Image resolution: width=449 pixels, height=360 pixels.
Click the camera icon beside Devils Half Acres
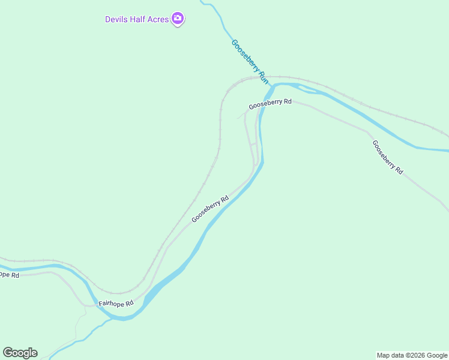coord(177,19)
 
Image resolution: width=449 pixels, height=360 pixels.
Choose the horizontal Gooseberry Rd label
coord(270,103)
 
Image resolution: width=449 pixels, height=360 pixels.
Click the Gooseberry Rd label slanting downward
coord(387,157)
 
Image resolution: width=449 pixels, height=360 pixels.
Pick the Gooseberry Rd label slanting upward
coord(210,209)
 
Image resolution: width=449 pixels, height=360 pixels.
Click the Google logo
coord(20,353)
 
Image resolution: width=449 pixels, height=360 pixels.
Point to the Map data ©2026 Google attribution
coord(412,355)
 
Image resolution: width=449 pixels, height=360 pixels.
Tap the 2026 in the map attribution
coord(415,355)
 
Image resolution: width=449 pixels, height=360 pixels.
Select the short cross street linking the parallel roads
coord(253,145)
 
